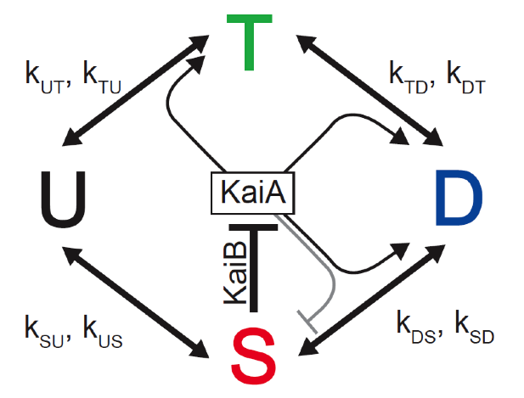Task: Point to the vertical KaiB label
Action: click(x=235, y=272)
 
